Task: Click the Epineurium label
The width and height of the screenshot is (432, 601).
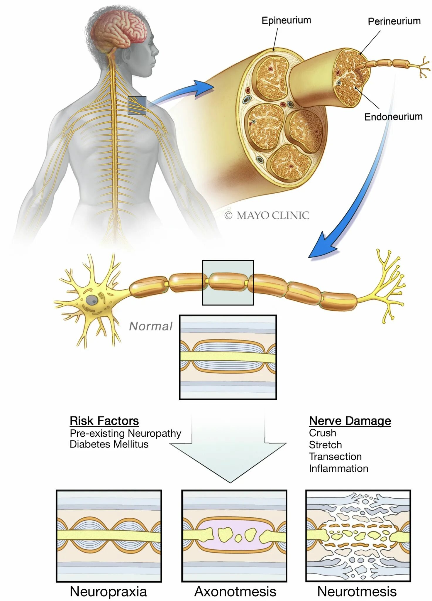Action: [286, 21]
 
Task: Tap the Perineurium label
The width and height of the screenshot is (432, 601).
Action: [394, 21]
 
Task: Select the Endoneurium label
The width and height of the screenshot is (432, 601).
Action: [393, 117]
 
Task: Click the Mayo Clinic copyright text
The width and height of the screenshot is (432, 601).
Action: [267, 215]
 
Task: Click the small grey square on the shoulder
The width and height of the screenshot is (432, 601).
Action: [137, 105]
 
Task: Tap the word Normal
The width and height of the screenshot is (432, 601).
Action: [151, 326]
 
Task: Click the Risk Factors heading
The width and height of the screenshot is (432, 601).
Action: [104, 421]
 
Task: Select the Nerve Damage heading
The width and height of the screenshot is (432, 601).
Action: [350, 421]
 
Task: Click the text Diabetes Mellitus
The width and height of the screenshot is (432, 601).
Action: [109, 444]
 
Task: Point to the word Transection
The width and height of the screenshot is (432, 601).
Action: [335, 457]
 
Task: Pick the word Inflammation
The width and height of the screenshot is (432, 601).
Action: [338, 469]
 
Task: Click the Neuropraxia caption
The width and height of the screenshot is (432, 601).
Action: [108, 592]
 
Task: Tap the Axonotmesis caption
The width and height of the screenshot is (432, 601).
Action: [235, 592]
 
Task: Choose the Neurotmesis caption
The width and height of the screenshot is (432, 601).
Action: [357, 592]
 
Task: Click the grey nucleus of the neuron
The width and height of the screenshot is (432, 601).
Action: [92, 300]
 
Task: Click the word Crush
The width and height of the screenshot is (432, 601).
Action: [322, 433]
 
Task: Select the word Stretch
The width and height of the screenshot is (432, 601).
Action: [325, 445]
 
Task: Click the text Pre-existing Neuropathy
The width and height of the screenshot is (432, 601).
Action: [126, 433]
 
